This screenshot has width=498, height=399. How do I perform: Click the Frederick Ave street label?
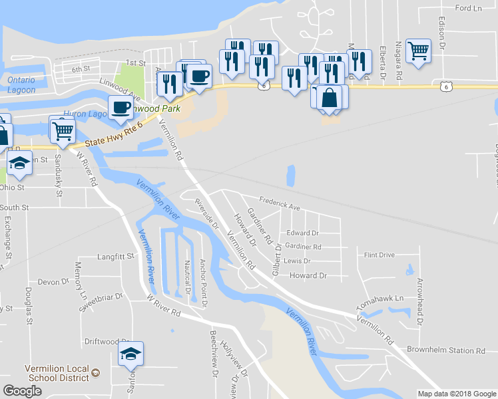point(280,202)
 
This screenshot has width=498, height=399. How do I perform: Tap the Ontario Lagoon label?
point(21,84)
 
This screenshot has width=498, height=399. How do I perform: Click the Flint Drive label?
point(379,255)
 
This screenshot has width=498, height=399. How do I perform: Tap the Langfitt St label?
point(115,255)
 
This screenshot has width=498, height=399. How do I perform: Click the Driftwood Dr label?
point(107,341)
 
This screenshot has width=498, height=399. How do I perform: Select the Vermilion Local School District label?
point(56,373)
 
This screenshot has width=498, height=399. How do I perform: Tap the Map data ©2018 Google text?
point(456,394)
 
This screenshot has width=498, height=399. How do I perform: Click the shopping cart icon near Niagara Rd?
point(418,51)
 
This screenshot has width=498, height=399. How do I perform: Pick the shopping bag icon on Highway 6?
point(330,98)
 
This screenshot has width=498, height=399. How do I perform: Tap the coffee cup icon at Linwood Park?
point(121,108)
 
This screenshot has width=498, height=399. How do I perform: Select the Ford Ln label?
point(467,8)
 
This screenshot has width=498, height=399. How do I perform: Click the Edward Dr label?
point(302,233)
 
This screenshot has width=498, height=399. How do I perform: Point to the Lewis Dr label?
point(297,261)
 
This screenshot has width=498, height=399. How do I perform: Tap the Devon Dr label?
point(49,282)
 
